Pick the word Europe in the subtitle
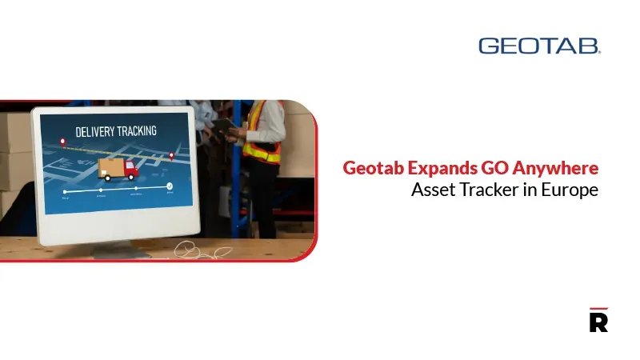pos(571,191)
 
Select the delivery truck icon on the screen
pos(116,168)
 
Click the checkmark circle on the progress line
pos(170,187)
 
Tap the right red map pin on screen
pos(170,155)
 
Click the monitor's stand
pos(120,248)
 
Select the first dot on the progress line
pos(65,192)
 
